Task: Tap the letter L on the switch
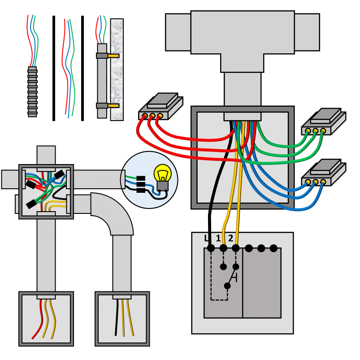tap(207, 239)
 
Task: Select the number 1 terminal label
tap(218, 239)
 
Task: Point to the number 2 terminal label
tap(230, 239)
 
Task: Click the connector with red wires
tap(160, 106)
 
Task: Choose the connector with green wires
tap(324, 121)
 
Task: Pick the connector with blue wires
tap(324, 173)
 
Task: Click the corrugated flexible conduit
tap(32, 92)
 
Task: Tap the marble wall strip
tap(117, 69)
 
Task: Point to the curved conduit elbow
tap(112, 213)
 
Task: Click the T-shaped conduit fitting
tap(243, 41)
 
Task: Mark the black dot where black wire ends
tap(211, 248)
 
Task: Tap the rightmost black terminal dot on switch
tap(273, 248)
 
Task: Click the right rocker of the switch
tap(262, 283)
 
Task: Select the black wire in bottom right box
tap(117, 317)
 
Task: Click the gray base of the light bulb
tap(163, 186)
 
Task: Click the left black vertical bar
tap(54, 68)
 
